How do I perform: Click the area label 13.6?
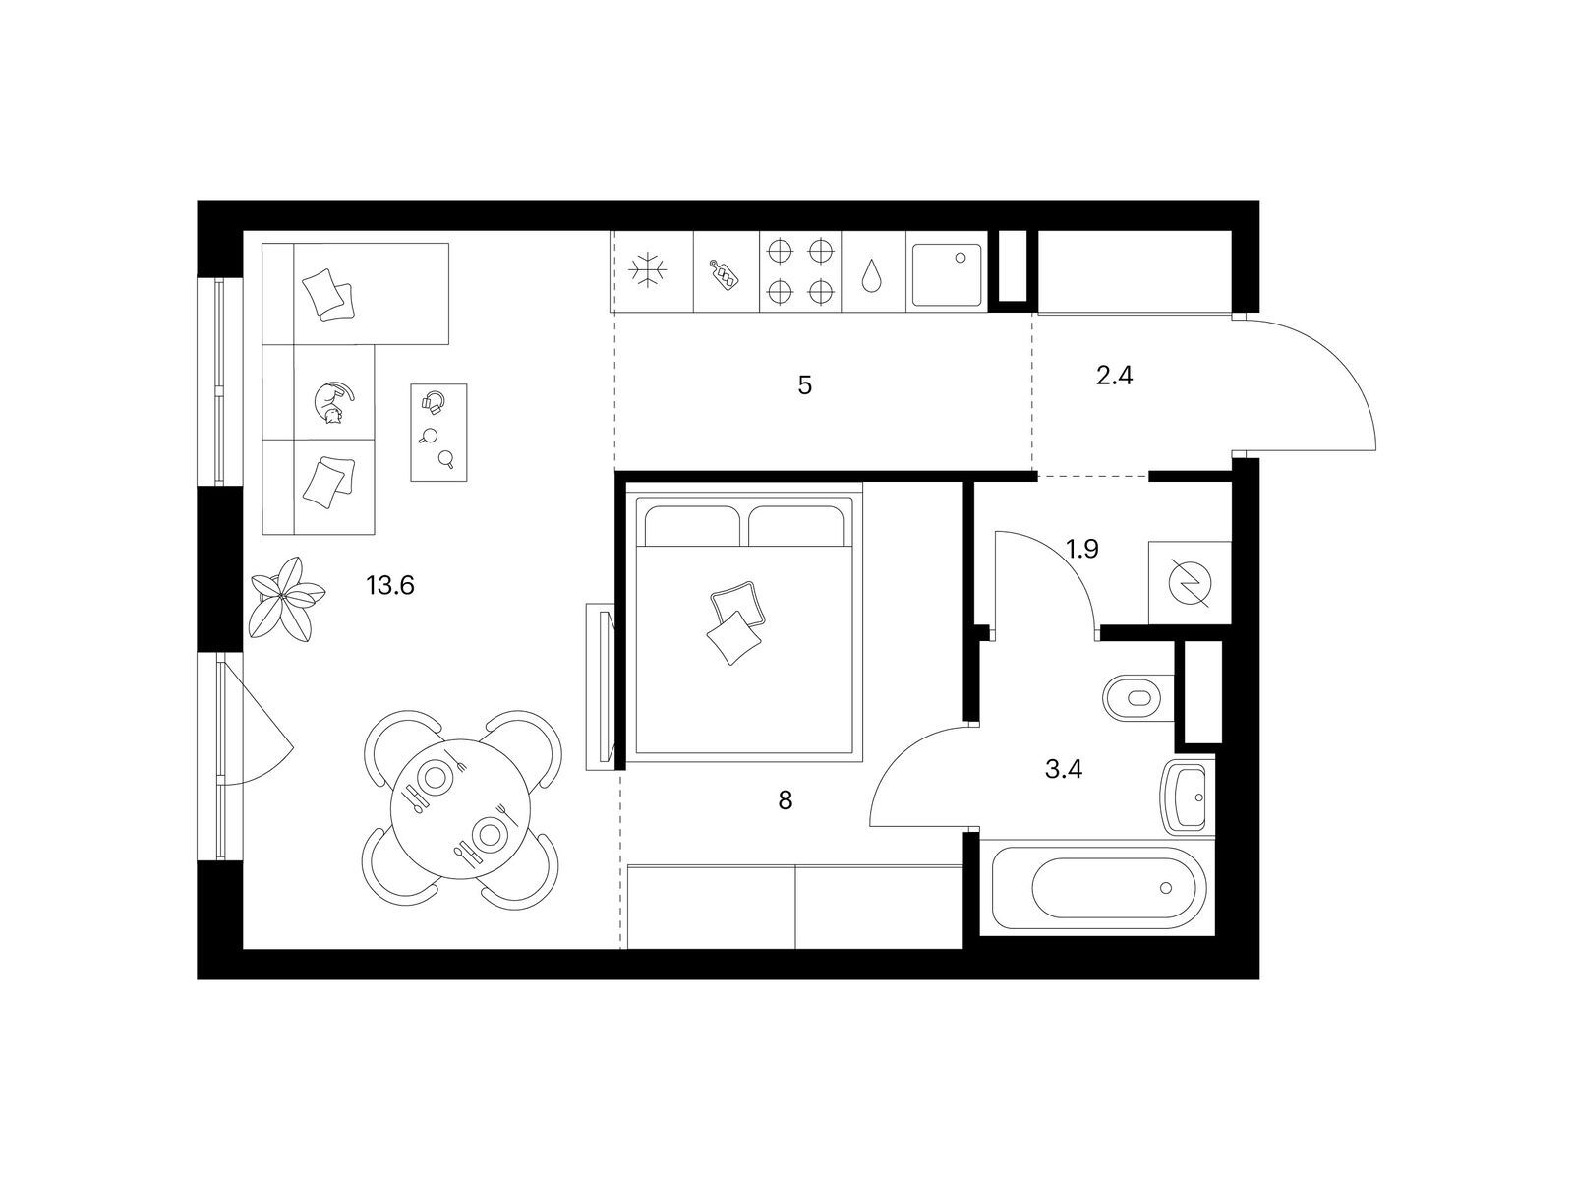pyautogui.click(x=390, y=586)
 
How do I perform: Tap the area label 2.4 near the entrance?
pyautogui.click(x=1114, y=376)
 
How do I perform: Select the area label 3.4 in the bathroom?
pyautogui.click(x=1064, y=770)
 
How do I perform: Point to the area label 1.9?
pyautogui.click(x=1082, y=550)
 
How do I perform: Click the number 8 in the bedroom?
pyautogui.click(x=786, y=800)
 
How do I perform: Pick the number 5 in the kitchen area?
pyautogui.click(x=805, y=385)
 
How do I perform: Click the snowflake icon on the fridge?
pyautogui.click(x=648, y=270)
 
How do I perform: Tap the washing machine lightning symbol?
pyautogui.click(x=1189, y=582)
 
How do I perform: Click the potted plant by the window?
pyautogui.click(x=284, y=597)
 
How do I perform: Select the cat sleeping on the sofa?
pyautogui.click(x=334, y=402)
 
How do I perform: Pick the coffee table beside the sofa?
pyautogui.click(x=438, y=432)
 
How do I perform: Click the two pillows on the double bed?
pyautogui.click(x=735, y=622)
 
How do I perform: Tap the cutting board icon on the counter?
pyautogui.click(x=725, y=275)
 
